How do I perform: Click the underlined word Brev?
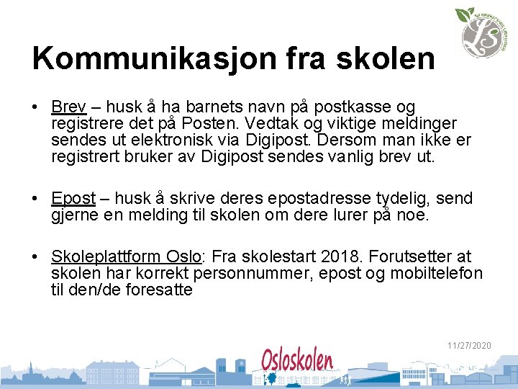point(68,107)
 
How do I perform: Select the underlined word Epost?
point(73,198)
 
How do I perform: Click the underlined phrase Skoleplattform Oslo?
point(126,257)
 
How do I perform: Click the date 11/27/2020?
point(469,346)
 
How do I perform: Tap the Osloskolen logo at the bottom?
point(297,360)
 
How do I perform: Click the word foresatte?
point(157,290)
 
